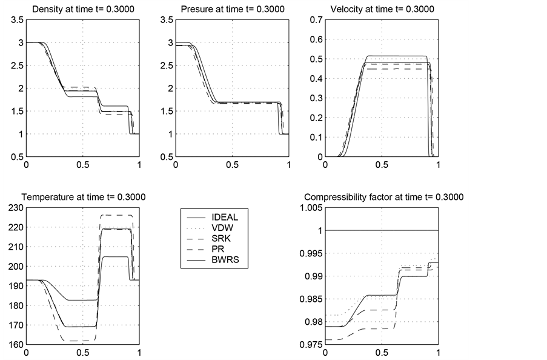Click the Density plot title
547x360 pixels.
coord(82,10)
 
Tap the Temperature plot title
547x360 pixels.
coord(84,197)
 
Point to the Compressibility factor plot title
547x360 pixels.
coord(383,197)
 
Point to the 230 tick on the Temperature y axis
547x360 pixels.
coord(13,208)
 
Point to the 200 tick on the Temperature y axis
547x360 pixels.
coord(13,267)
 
